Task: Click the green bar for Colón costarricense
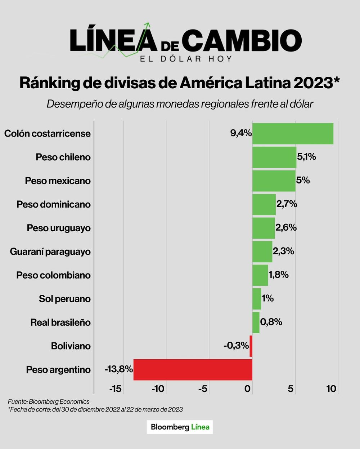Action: [293, 134]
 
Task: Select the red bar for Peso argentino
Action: [193, 370]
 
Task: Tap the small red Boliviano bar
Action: [251, 346]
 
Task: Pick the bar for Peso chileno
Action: [274, 157]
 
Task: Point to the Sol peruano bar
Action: [257, 299]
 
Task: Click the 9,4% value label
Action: [241, 133]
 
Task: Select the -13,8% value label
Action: [119, 369]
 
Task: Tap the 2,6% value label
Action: [286, 228]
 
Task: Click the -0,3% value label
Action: [236, 346]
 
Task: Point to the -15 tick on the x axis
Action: [116, 389]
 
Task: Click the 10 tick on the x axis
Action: [331, 389]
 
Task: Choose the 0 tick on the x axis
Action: [248, 389]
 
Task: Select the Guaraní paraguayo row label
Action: [50, 252]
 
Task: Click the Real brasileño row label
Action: [60, 323]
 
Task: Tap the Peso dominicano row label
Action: [54, 204]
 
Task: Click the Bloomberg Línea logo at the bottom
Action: [180, 427]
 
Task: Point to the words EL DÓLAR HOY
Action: [186, 59]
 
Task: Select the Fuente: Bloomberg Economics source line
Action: [49, 401]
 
